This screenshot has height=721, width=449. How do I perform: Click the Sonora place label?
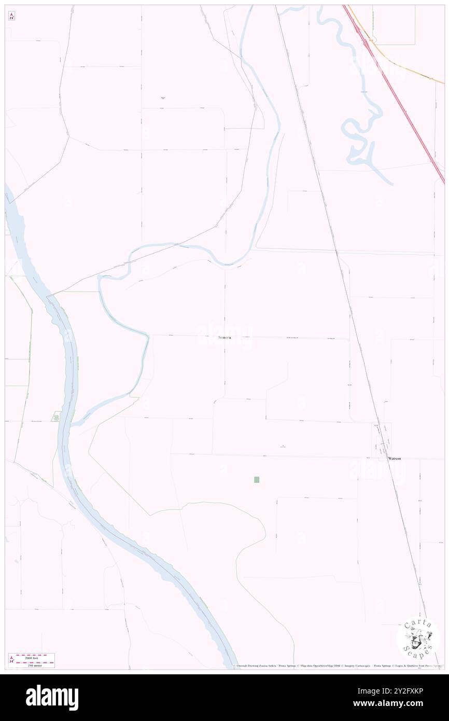coord(224,338)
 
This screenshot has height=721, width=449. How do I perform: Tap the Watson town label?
coord(394,459)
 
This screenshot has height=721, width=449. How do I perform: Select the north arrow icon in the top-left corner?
coord(11,16)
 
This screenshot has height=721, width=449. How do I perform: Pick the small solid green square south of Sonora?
coord(257,480)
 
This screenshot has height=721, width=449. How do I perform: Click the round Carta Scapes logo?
coord(418,639)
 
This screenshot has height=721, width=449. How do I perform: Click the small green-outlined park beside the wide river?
coord(55,416)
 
